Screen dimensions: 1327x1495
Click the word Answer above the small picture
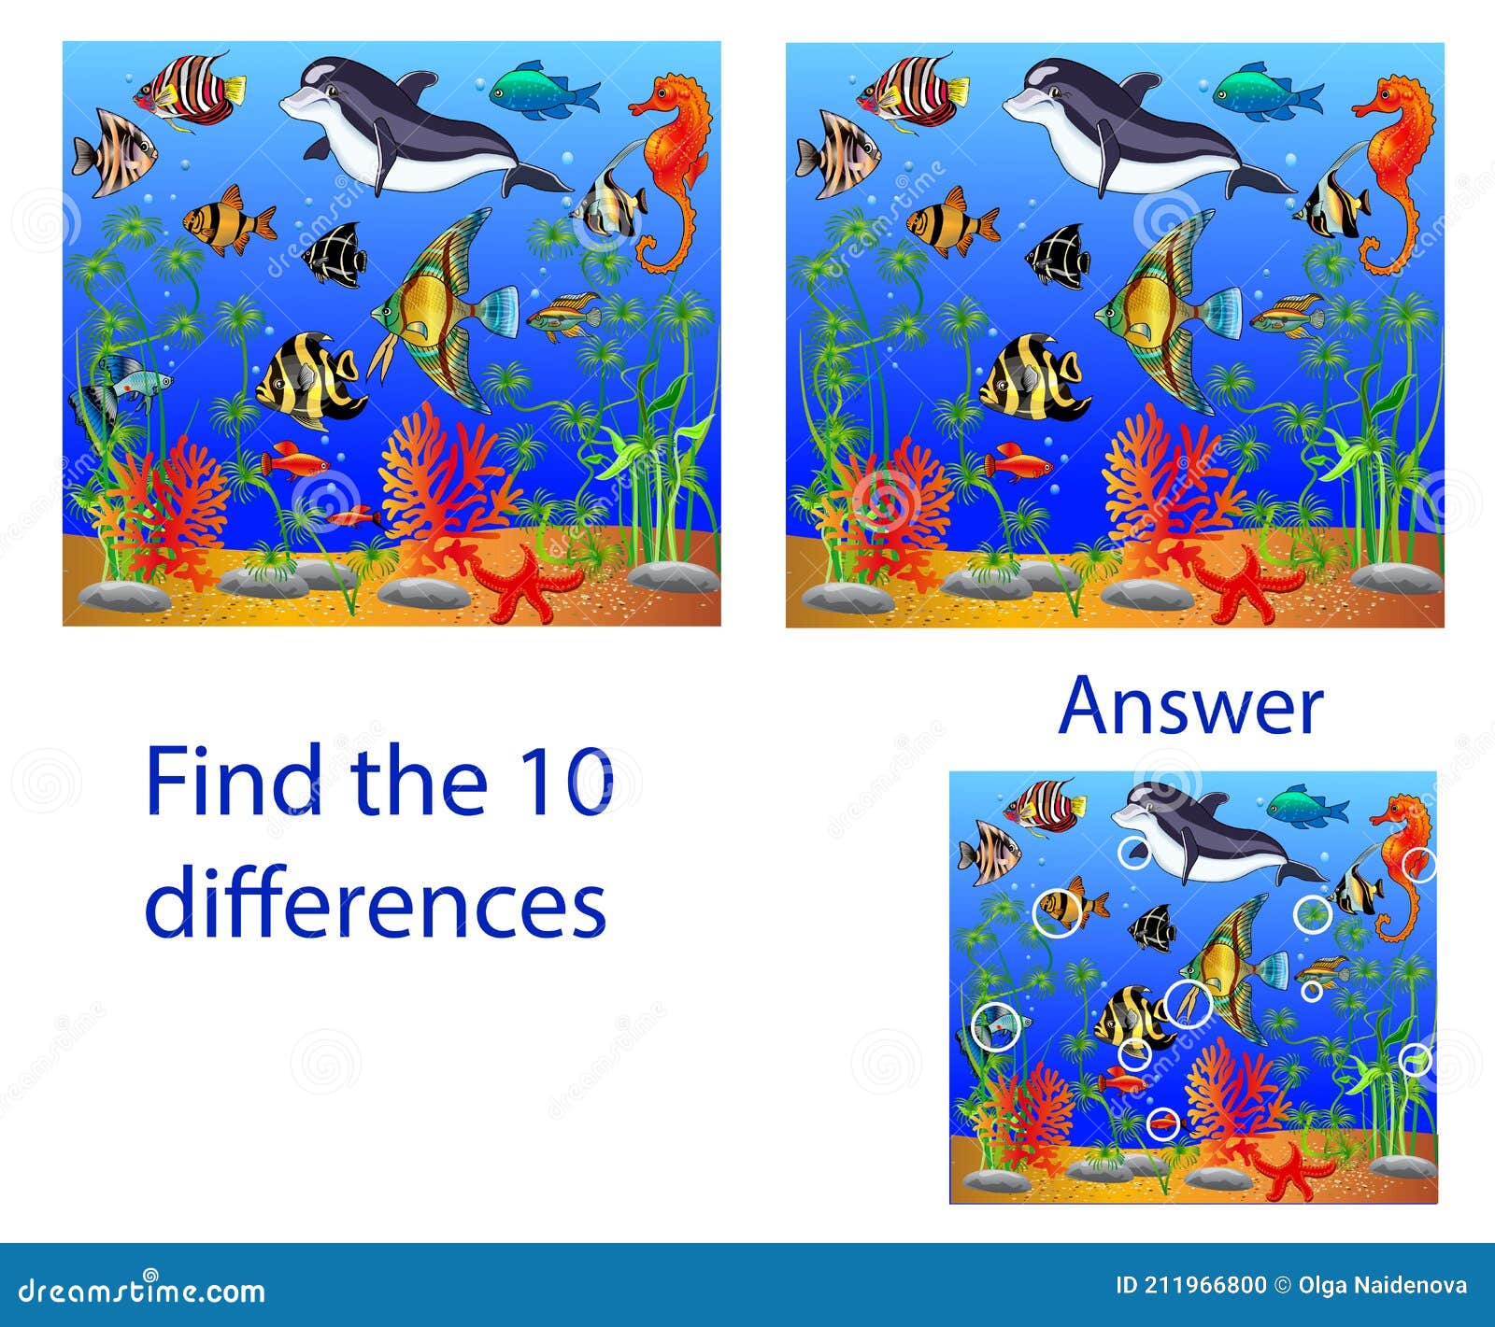pos(1191,707)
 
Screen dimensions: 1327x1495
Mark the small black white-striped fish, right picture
pos(1059,253)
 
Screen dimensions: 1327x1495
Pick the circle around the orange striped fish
pos(1057,909)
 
